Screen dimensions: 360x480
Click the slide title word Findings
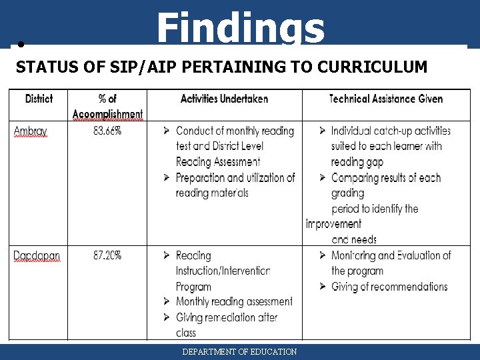tap(241, 29)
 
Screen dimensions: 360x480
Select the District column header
tap(39, 99)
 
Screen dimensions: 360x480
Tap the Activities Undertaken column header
tap(224, 99)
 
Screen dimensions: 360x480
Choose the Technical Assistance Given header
tap(386, 99)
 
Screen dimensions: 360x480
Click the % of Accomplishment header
tap(107, 106)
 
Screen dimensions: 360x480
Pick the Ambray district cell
tap(31, 131)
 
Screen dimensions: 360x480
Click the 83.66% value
tap(107, 131)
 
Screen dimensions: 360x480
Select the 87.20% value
tap(107, 255)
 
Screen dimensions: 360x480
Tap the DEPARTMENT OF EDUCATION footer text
tap(240, 351)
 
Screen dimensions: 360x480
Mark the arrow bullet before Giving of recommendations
tap(323, 287)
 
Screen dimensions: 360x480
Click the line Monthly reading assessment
tap(234, 302)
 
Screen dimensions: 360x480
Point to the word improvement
tap(333, 224)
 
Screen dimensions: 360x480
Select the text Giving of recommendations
tap(389, 287)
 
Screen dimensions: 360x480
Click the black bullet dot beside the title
tap(21, 45)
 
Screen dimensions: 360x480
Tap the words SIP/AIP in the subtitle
tap(115, 67)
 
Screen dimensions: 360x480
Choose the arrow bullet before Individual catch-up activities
tap(323, 131)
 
